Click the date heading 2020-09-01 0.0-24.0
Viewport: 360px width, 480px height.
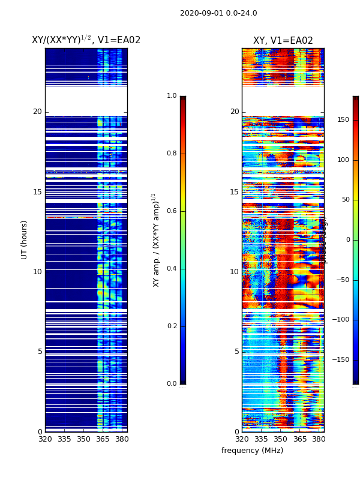(x=218, y=13)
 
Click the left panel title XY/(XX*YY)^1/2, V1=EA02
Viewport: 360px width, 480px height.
(x=86, y=40)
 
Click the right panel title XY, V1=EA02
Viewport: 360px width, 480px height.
(x=283, y=41)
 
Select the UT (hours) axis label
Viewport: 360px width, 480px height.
(x=25, y=239)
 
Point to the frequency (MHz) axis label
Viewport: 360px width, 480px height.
(x=252, y=451)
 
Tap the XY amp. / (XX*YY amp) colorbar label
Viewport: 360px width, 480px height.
(x=155, y=239)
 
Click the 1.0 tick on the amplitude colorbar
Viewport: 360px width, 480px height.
(x=172, y=96)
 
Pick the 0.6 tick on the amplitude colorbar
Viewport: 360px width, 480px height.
(x=172, y=211)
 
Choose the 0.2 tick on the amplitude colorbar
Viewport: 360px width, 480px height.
(x=172, y=326)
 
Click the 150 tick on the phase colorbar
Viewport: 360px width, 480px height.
(x=343, y=120)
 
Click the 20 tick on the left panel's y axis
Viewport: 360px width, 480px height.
(x=37, y=112)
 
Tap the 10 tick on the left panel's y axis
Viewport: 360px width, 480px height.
(x=37, y=272)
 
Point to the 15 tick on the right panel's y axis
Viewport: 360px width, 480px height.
(x=235, y=192)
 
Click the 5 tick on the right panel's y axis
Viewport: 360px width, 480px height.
(x=236, y=352)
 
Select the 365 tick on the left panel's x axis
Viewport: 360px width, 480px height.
(x=103, y=439)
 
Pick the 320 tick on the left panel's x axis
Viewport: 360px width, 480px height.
(x=45, y=439)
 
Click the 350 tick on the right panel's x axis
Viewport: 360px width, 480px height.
(x=281, y=439)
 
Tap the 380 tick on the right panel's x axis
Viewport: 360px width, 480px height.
(x=319, y=439)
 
